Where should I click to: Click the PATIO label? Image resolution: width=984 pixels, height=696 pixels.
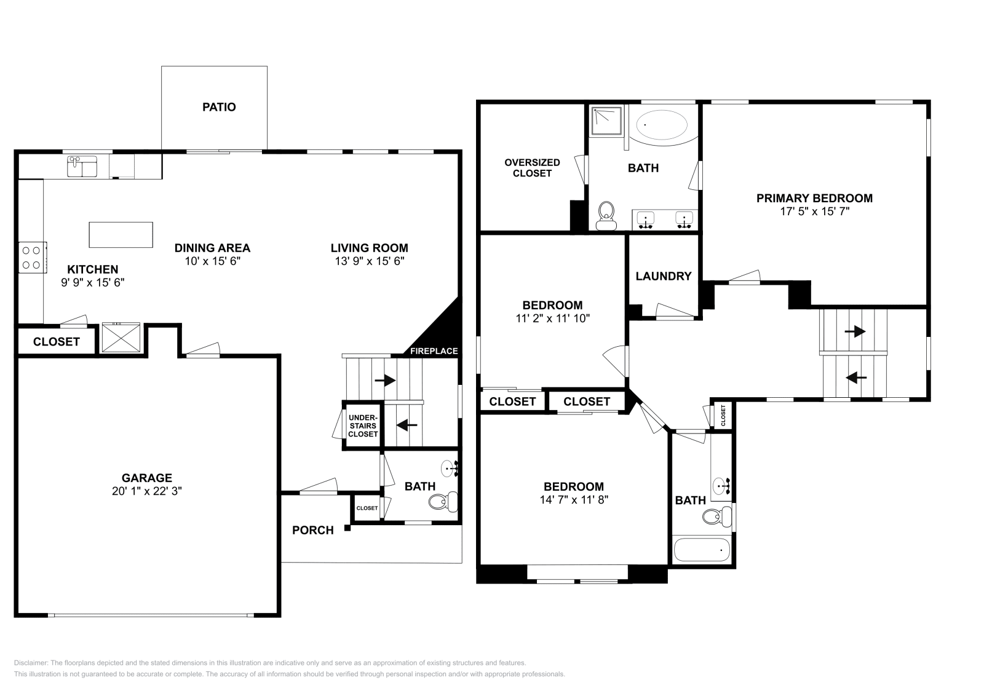[219, 107]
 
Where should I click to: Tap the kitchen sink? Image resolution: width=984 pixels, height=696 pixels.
[82, 167]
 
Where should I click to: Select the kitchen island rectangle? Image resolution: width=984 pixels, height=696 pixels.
[121, 235]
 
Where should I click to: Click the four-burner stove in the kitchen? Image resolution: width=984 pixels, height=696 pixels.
[32, 258]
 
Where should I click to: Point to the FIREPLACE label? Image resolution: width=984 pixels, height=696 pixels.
[434, 351]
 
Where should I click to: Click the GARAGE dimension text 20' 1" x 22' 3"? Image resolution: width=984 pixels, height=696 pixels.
[147, 491]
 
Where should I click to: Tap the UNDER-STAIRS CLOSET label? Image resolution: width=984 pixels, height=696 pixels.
[363, 425]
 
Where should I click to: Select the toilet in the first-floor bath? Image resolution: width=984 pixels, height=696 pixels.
[443, 502]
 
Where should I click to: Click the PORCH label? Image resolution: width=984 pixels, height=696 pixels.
[313, 530]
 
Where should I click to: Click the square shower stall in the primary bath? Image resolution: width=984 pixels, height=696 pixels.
[606, 121]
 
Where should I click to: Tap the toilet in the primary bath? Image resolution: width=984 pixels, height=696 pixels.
[606, 216]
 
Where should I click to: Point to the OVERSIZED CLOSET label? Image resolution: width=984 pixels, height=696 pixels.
[532, 168]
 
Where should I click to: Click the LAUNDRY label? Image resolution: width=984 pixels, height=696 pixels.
[664, 276]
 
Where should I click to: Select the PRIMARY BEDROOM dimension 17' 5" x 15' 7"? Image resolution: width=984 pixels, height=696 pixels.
[814, 212]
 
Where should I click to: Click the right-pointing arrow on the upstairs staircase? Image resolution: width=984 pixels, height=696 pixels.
[855, 331]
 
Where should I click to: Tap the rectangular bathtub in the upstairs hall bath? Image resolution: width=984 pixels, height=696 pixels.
[702, 550]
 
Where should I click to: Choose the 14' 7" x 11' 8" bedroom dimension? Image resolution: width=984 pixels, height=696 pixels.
[574, 500]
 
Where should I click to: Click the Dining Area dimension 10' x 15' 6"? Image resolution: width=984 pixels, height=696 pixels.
[213, 261]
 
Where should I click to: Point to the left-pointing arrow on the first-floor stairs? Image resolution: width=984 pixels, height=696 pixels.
[407, 425]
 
